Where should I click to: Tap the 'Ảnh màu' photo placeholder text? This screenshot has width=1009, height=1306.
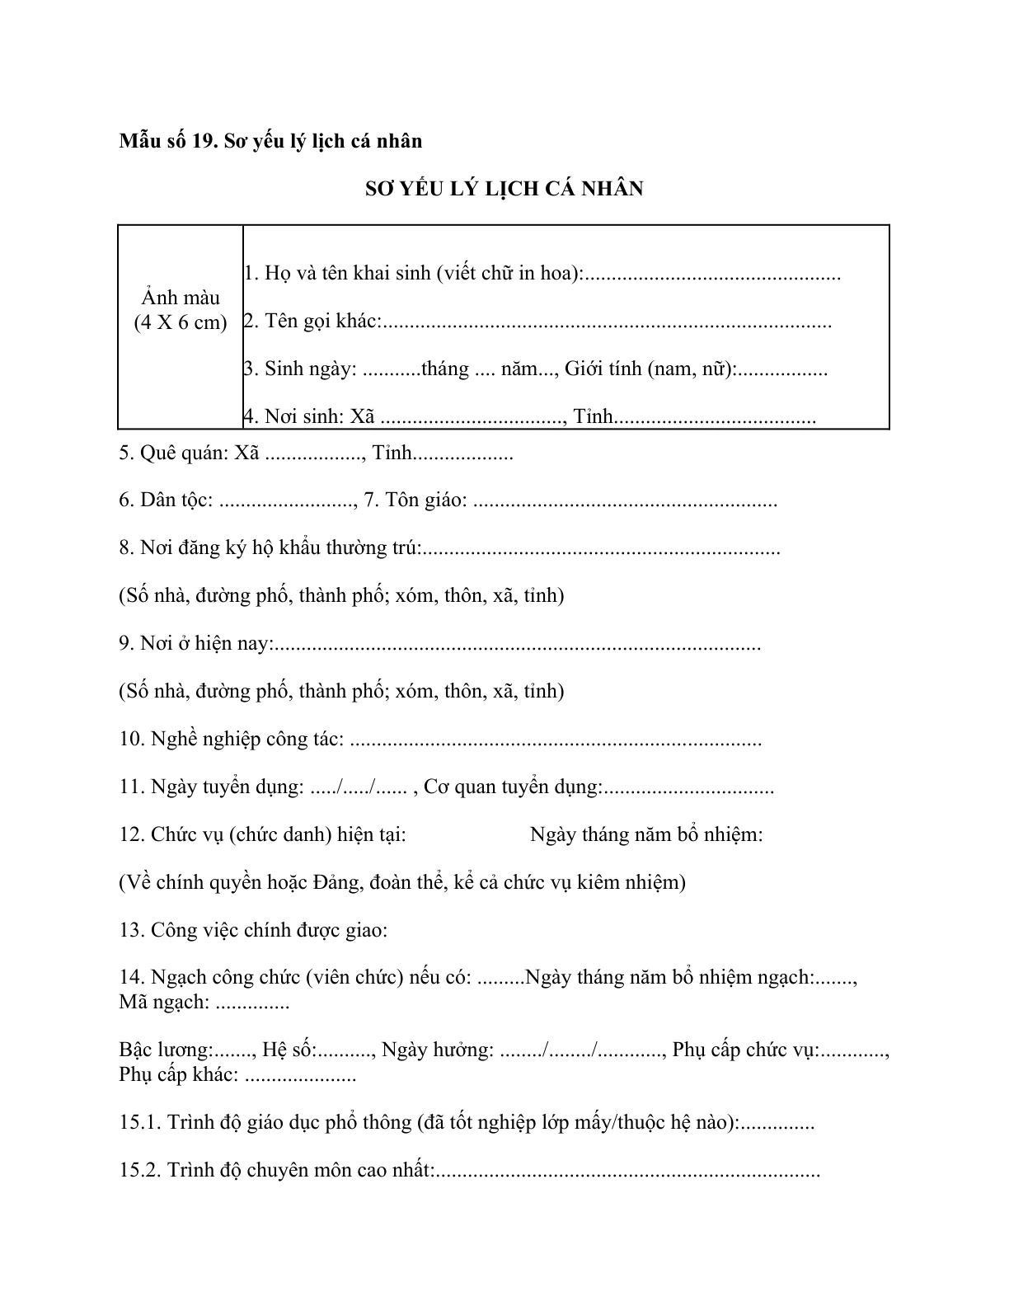[x=181, y=298]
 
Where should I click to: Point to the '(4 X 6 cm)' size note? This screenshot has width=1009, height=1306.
[x=181, y=322]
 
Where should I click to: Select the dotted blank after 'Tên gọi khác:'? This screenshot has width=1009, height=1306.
[x=606, y=322]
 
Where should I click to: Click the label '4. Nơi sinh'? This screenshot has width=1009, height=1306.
[x=293, y=416]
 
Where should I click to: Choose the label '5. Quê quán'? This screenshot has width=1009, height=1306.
[x=174, y=453]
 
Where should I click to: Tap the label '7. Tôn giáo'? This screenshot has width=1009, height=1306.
[x=415, y=500]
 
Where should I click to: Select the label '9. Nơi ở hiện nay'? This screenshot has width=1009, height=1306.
[x=194, y=644]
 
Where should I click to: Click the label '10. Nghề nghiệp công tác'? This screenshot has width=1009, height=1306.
[x=231, y=740]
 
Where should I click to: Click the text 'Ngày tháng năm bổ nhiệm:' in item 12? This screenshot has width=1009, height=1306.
[x=646, y=834]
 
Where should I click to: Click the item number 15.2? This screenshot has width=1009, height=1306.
[x=140, y=1170]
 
